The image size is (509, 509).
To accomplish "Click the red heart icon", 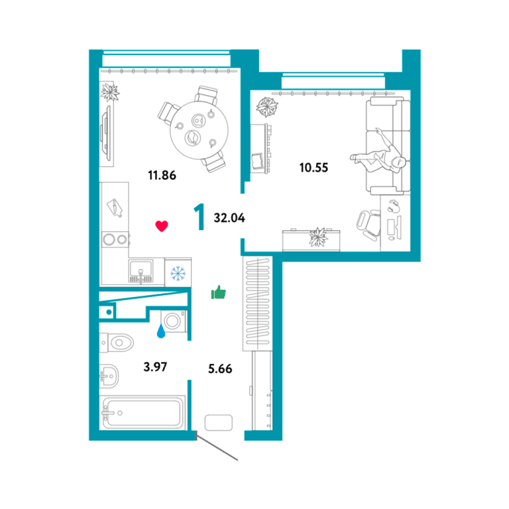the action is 162,225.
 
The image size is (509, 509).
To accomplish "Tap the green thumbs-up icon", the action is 219,292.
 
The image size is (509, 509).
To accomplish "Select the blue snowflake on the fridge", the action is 178,273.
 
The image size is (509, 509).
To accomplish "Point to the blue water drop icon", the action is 161,331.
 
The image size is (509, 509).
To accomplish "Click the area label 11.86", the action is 162,175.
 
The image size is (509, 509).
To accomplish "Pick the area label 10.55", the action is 313,168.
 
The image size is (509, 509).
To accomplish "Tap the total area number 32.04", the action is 229,218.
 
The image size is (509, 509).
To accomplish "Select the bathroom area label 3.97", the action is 155,367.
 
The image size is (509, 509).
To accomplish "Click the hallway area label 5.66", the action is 220,368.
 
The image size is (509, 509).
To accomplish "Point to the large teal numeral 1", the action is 199,217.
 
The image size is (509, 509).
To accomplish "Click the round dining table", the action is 199,130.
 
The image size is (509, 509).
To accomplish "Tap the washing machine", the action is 174,321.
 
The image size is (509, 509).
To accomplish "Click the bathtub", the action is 142,413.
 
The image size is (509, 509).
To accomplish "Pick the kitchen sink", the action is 141,271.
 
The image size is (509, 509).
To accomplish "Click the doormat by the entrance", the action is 219,423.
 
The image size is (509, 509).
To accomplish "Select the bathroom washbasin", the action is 109,376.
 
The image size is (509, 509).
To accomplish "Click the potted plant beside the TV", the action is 110,92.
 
